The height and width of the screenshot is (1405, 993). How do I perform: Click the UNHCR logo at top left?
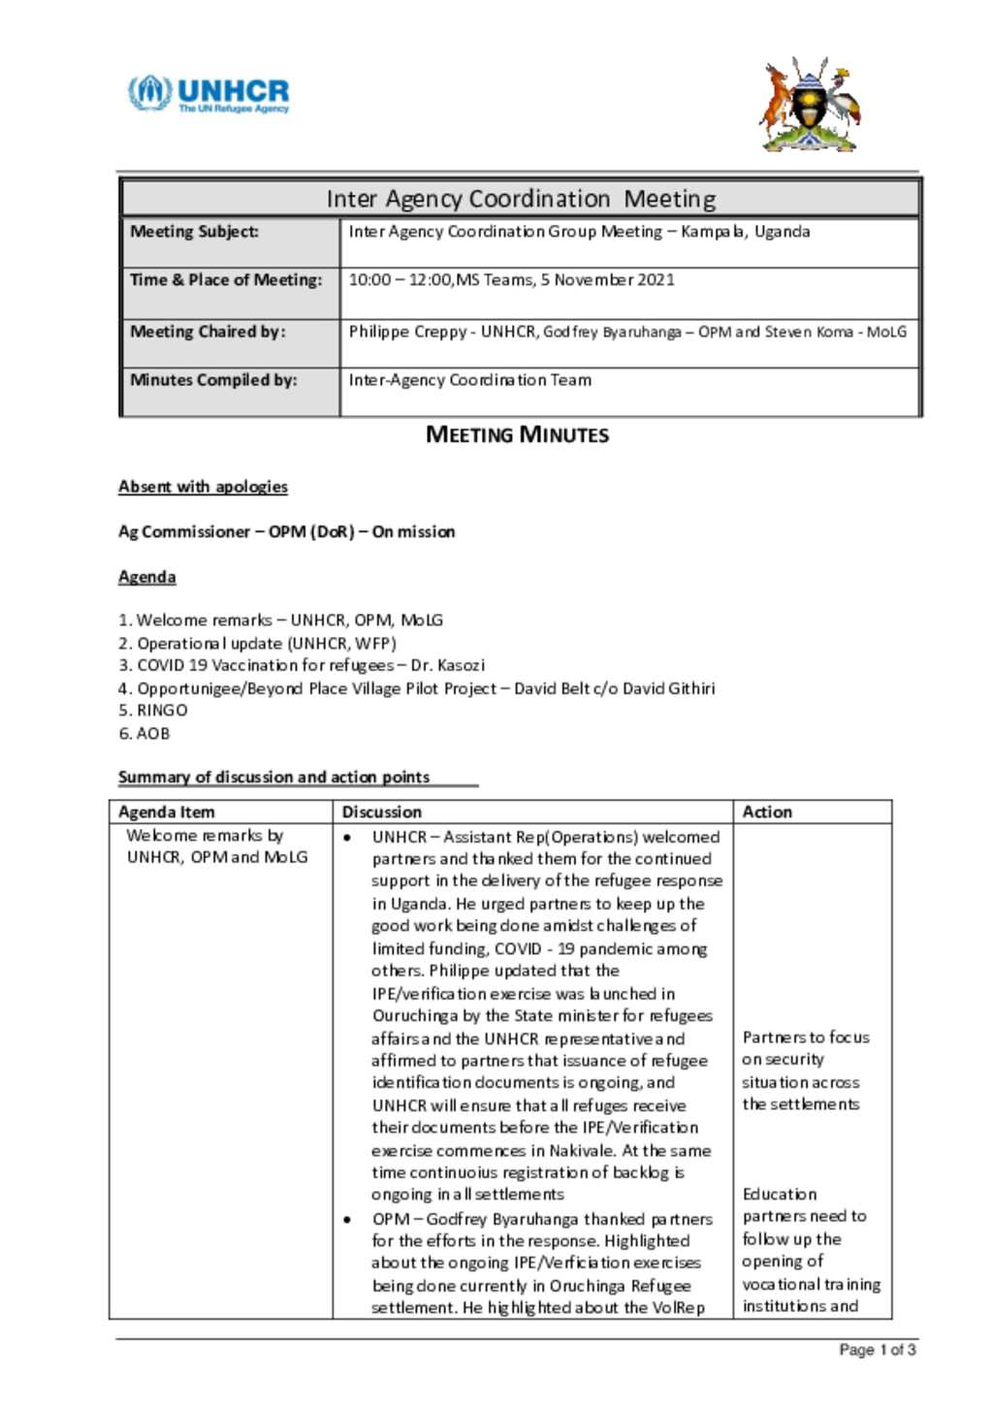[208, 94]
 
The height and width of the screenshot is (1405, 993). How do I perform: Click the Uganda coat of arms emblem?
[810, 105]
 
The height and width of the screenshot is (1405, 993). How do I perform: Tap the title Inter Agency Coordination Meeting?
[521, 199]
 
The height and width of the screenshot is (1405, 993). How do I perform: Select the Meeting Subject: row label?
[195, 232]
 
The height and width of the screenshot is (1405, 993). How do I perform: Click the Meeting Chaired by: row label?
[208, 332]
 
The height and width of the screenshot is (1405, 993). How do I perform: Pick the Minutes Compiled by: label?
[213, 380]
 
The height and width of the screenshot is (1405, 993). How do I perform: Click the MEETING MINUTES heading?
[517, 434]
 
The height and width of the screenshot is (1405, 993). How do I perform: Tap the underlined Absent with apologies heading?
[203, 487]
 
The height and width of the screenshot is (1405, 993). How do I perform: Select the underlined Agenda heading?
[147, 577]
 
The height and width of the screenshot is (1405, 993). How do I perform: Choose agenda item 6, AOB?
[144, 734]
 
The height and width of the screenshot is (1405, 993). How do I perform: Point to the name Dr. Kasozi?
[447, 665]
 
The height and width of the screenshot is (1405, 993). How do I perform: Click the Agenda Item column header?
[167, 812]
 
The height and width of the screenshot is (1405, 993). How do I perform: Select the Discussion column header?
[382, 812]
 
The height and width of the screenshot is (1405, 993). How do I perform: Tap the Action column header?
[767, 812]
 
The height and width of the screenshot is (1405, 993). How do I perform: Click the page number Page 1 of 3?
[877, 1350]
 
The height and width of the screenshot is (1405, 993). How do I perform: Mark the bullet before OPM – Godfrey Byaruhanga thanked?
[347, 1219]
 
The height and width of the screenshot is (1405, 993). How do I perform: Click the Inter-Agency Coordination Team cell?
[470, 380]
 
